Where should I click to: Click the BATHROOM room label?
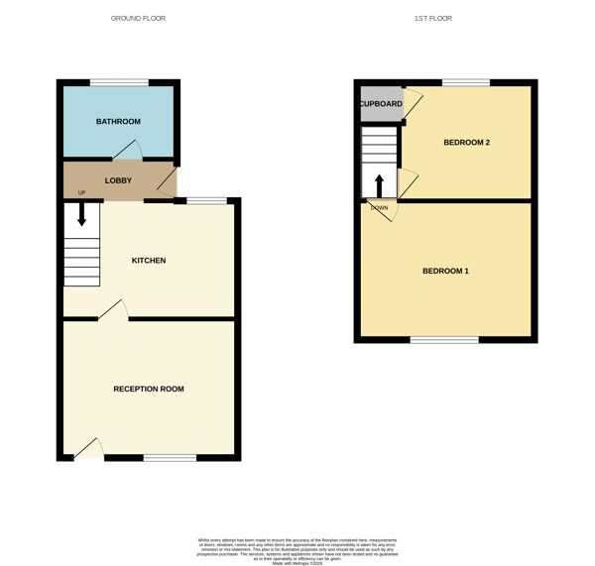pos(118,122)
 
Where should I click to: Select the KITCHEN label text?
pos(149,261)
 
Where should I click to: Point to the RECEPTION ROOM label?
pos(149,389)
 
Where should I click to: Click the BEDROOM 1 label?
pos(445,272)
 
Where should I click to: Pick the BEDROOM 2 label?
pos(466,143)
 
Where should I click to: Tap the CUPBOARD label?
pos(381,104)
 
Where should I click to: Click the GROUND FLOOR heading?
pos(139,19)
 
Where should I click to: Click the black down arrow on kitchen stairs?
pos(82,214)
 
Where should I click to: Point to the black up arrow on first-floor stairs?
pos(379,186)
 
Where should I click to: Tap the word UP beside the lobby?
pos(68,192)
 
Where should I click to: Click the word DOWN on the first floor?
pos(379,207)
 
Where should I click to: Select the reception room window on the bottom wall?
pos(170,457)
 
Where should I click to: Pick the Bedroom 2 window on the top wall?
pos(465,81)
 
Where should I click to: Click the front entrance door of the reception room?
pos(90,449)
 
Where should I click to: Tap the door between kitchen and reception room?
pos(113,312)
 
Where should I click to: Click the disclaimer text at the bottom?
pos(297,548)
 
